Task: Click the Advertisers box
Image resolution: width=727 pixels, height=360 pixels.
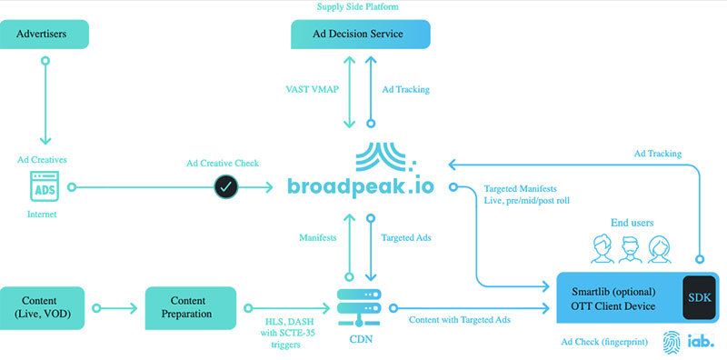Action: pos(46,35)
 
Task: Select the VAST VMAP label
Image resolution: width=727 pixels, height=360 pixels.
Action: pos(313,90)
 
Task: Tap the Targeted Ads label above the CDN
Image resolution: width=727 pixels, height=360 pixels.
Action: pos(408,237)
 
